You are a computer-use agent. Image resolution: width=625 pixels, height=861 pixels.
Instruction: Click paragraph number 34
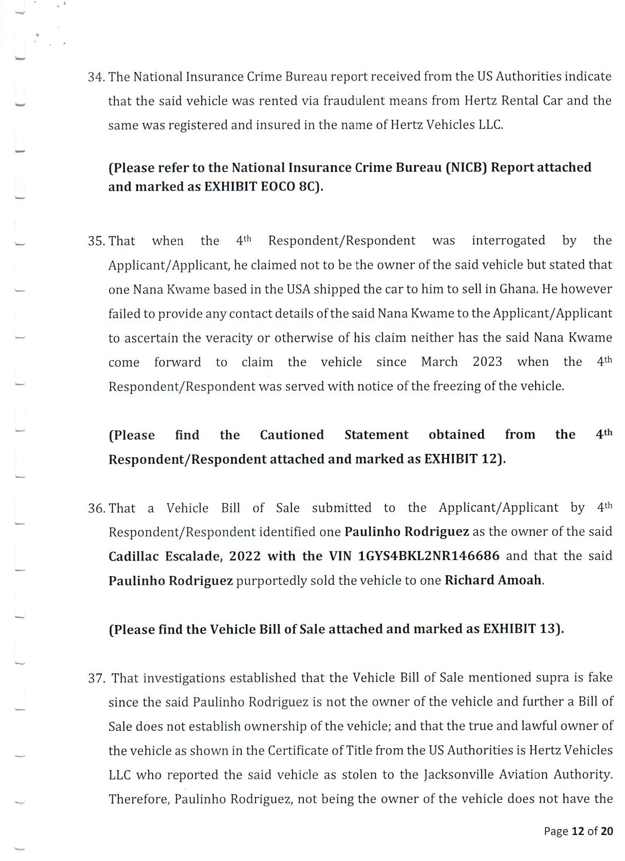(97, 77)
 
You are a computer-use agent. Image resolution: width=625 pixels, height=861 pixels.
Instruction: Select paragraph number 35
(97, 241)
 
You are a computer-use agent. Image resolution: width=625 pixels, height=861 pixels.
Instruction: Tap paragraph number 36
(97, 508)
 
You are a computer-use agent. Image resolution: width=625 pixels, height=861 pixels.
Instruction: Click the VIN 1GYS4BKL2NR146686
(429, 556)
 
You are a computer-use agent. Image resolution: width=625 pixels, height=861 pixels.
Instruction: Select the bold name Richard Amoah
(493, 580)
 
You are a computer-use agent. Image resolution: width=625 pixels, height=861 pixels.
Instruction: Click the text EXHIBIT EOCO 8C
(262, 187)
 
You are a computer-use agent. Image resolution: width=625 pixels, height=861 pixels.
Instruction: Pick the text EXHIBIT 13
(521, 629)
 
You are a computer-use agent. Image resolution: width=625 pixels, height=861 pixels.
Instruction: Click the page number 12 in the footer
(577, 831)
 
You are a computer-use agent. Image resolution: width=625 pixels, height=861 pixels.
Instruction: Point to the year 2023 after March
(487, 362)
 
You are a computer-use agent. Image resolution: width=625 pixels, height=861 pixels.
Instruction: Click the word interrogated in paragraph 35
(508, 241)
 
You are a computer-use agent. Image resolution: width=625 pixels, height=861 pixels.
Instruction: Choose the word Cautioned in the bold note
(292, 435)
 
